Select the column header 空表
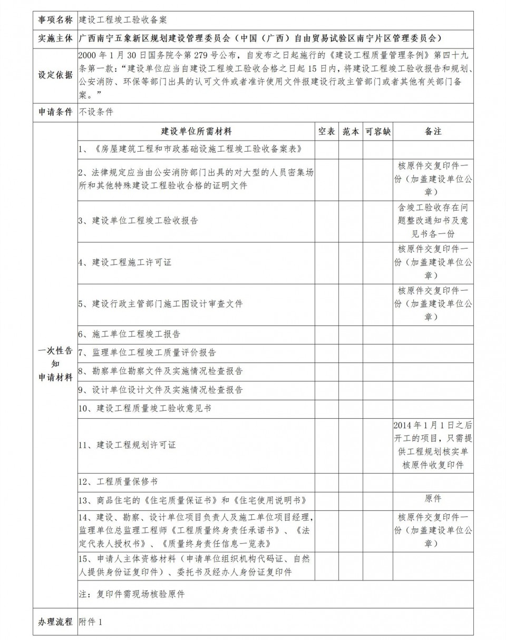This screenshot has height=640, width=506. tap(327, 132)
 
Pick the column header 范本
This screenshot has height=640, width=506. tap(351, 132)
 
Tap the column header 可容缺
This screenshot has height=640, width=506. tap(378, 132)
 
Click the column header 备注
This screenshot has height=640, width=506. tap(433, 132)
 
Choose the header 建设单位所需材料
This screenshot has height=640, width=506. tap(196, 132)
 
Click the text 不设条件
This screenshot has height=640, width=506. tap(96, 112)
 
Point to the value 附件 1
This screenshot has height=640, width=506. tap(91, 622)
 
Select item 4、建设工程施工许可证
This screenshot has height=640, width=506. tap(125, 262)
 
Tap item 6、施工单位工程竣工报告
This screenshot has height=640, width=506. tap(129, 334)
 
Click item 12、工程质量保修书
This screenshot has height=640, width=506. tap(118, 481)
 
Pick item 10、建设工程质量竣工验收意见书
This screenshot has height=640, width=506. tap(145, 408)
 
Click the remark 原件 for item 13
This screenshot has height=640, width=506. tap(433, 498)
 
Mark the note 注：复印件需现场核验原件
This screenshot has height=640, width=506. tap(132, 594)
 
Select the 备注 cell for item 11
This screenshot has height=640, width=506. tap(433, 445)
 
